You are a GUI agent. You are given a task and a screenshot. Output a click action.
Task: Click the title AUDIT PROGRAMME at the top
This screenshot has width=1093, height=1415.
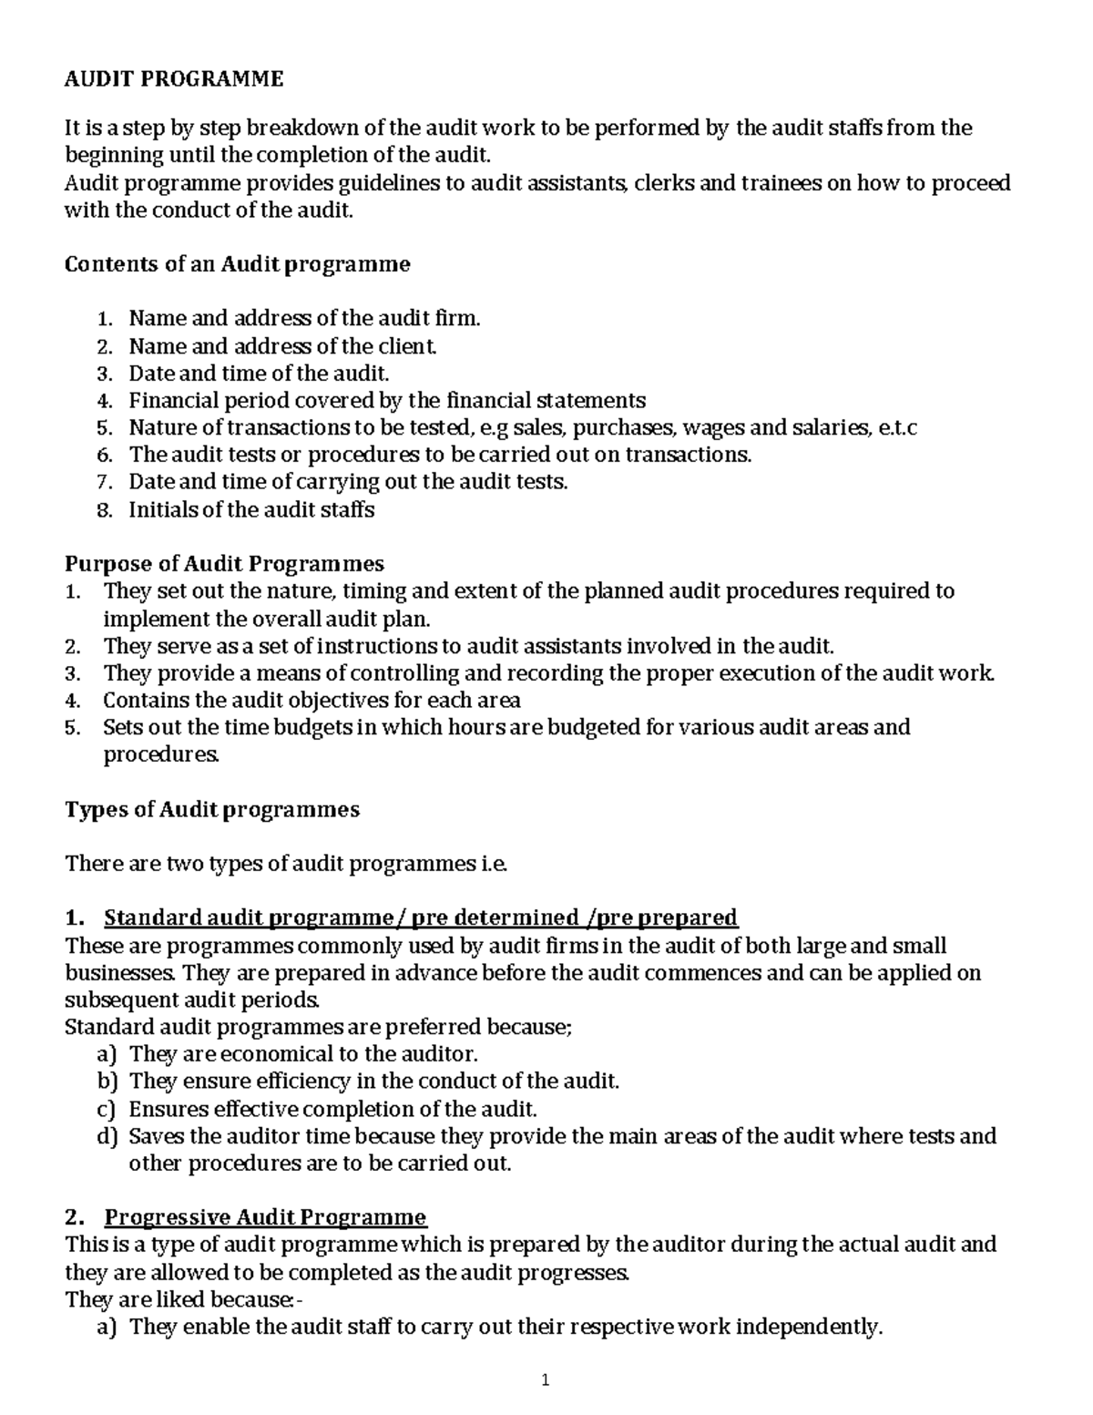point(174,79)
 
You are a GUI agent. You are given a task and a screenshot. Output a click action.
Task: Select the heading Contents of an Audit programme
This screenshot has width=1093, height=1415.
point(238,264)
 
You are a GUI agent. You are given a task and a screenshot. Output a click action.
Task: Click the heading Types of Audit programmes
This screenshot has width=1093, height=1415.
point(212,809)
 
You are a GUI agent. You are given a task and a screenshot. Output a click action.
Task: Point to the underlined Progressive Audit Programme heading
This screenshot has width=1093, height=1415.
point(265,1217)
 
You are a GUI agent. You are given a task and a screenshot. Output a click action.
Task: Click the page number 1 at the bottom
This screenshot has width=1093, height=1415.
point(546,1380)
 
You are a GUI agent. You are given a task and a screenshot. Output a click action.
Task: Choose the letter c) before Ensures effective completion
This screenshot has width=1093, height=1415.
point(107,1109)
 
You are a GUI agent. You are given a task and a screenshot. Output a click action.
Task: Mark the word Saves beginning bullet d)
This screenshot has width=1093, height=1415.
point(156,1136)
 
